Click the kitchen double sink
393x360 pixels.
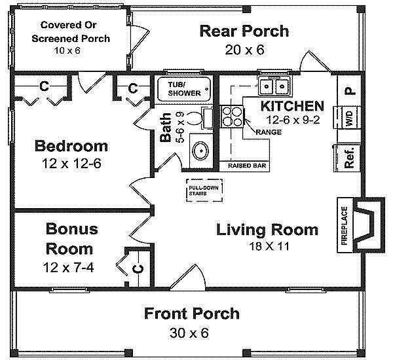click(274, 86)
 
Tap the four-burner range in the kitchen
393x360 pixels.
click(232, 117)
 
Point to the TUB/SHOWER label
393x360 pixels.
click(184, 89)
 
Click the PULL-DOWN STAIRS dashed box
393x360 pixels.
click(204, 190)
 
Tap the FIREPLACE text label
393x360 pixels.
click(345, 225)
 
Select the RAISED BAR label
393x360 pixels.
click(247, 166)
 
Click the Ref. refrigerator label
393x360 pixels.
click(349, 158)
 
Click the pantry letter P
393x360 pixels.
click(350, 91)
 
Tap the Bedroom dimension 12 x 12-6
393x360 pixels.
click(71, 164)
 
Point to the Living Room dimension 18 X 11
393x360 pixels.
click(269, 246)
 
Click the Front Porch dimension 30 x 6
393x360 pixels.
click(189, 333)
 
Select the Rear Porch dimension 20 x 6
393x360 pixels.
click(244, 50)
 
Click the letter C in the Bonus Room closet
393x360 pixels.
click(138, 269)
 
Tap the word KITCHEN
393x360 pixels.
click(292, 106)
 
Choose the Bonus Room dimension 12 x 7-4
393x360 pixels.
click(68, 267)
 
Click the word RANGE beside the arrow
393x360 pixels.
click(269, 132)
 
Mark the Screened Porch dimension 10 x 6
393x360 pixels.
click(67, 50)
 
